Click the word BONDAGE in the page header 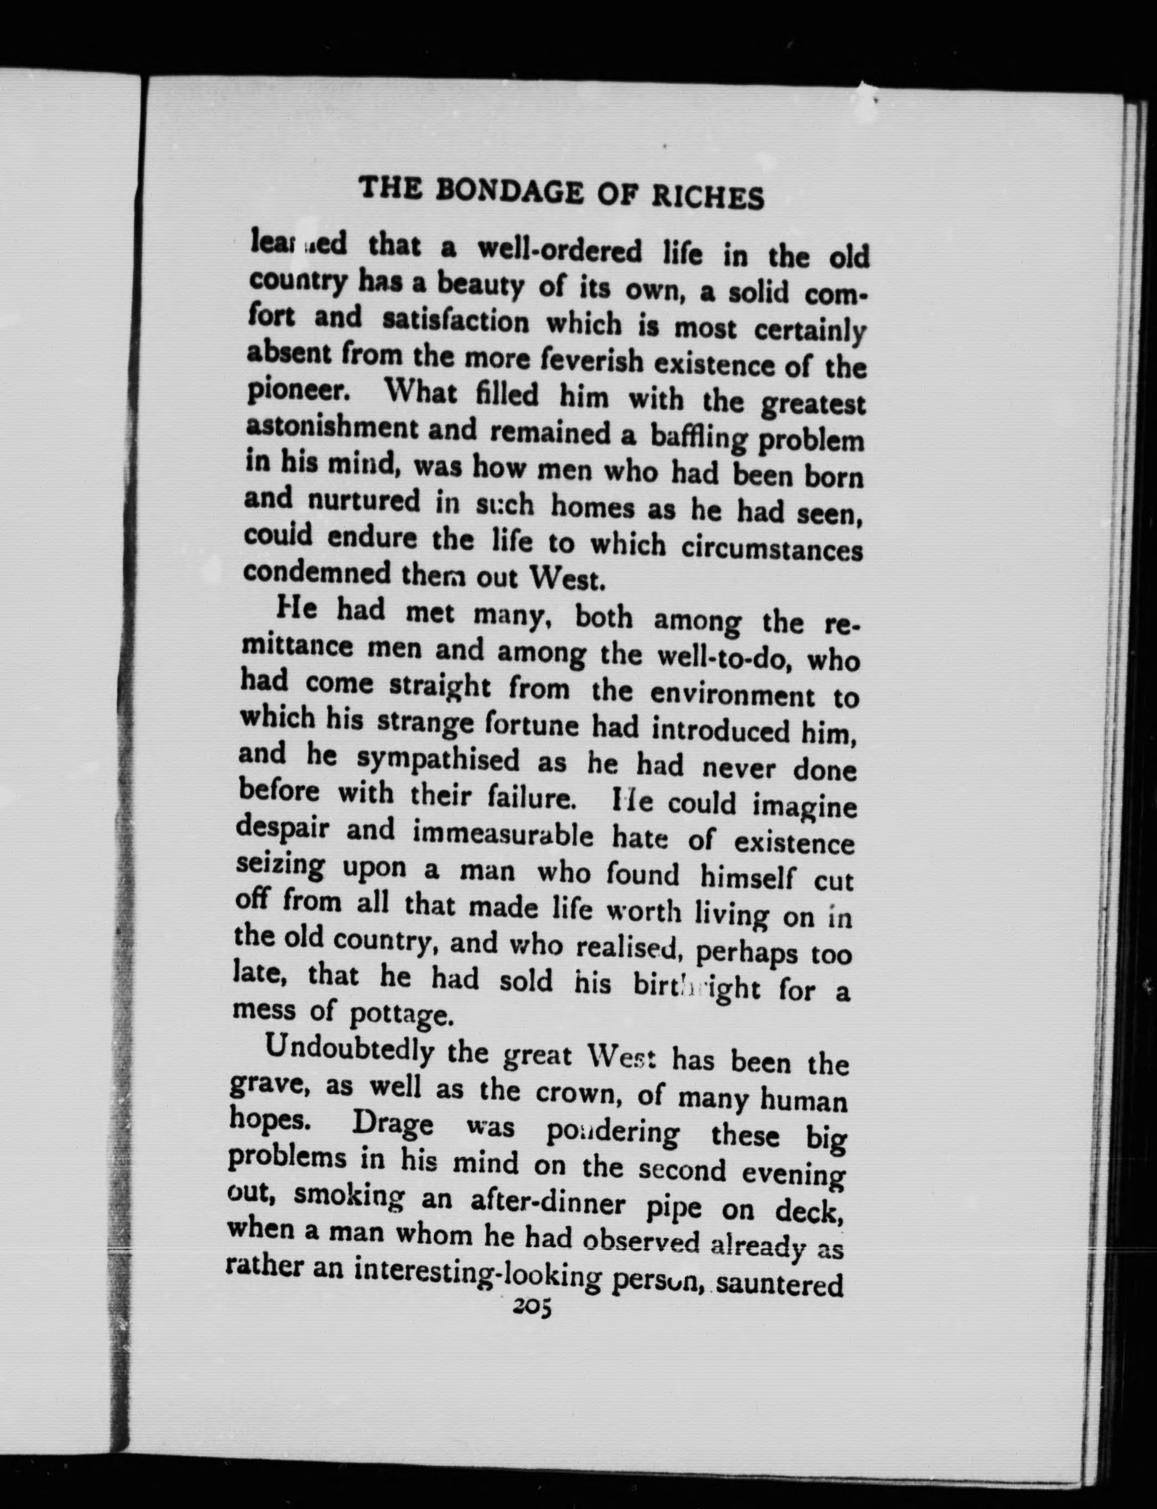510,191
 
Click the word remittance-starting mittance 298,648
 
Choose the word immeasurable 502,834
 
